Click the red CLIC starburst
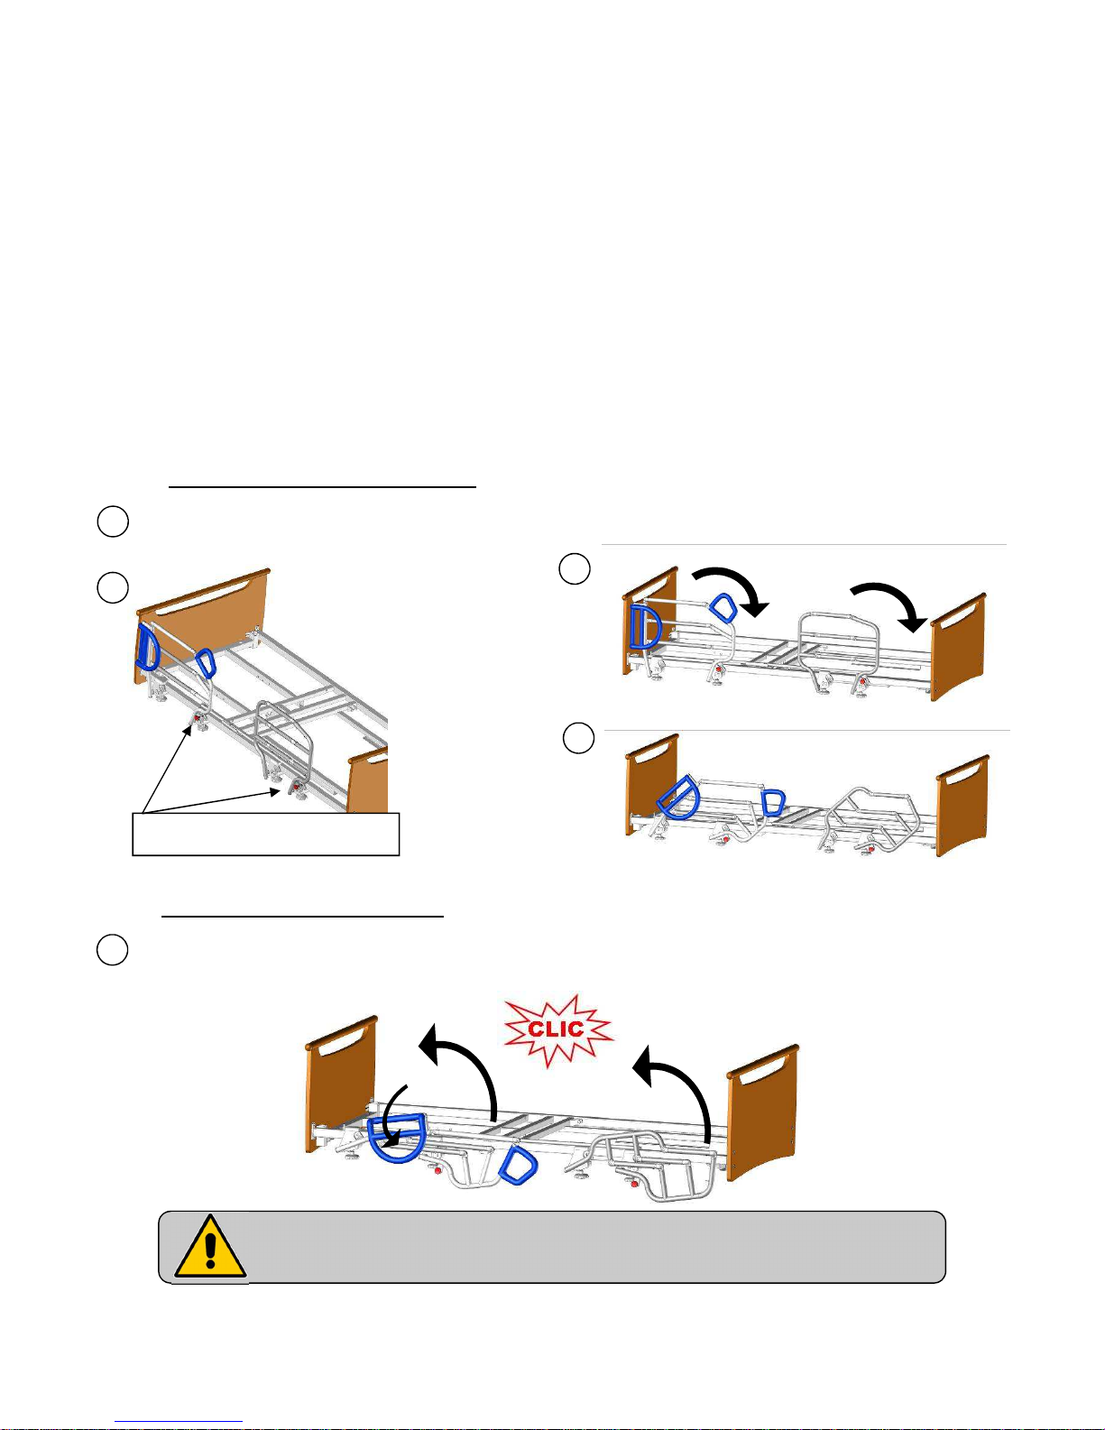click(x=557, y=1030)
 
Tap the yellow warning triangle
click(x=210, y=1246)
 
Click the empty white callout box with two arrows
click(x=266, y=835)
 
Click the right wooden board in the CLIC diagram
click(x=762, y=1112)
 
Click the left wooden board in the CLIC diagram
click(x=341, y=1084)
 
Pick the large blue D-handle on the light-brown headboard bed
click(x=146, y=647)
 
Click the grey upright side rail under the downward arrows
click(x=838, y=650)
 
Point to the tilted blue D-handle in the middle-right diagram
click(x=678, y=797)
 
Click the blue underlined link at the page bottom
click(x=179, y=1422)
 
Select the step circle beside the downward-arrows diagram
click(x=575, y=568)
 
